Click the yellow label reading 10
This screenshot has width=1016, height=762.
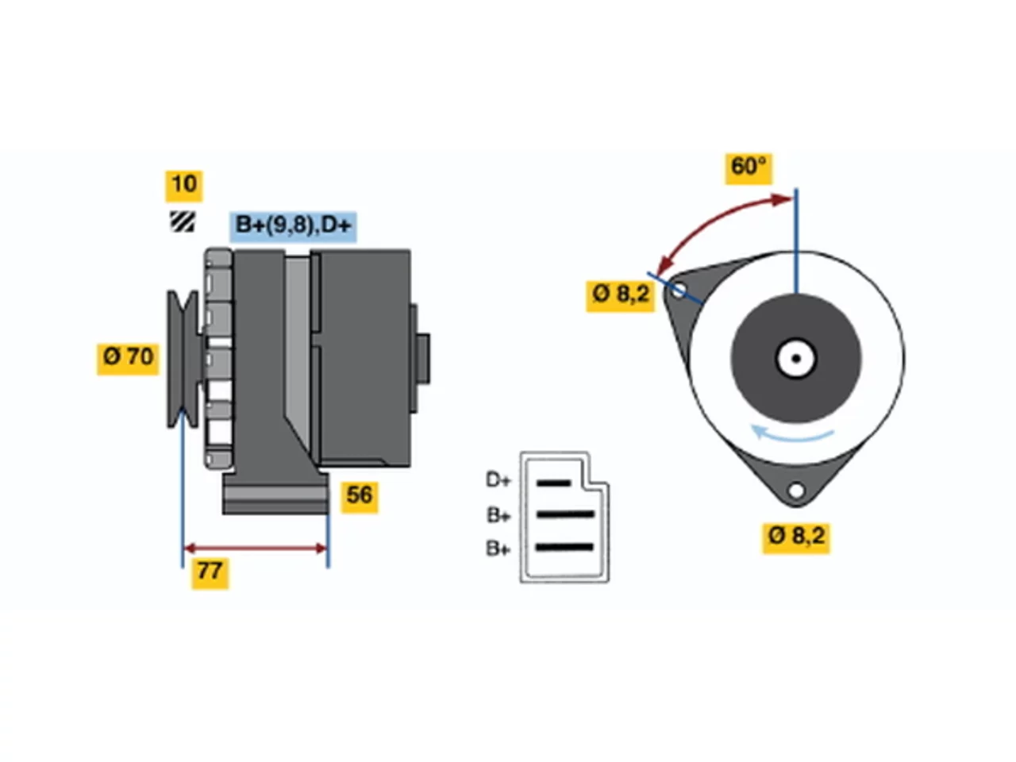pyautogui.click(x=184, y=186)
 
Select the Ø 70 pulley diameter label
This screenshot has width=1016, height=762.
pyautogui.click(x=128, y=359)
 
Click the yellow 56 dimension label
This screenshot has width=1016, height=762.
pyautogui.click(x=360, y=497)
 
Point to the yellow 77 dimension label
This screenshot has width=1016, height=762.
pyautogui.click(x=210, y=573)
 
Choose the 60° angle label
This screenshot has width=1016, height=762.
pyautogui.click(x=748, y=168)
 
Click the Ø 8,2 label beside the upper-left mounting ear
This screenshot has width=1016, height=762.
pyautogui.click(x=620, y=295)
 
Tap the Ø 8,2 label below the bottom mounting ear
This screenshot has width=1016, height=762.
pyautogui.click(x=795, y=537)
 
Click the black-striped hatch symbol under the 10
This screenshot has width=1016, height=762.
pyautogui.click(x=183, y=221)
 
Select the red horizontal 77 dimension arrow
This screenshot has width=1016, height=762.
pyautogui.click(x=255, y=548)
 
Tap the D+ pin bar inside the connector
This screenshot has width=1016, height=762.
pyautogui.click(x=553, y=483)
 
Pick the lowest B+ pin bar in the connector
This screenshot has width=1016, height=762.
pyautogui.click(x=564, y=548)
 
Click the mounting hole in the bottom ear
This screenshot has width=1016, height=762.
pyautogui.click(x=796, y=491)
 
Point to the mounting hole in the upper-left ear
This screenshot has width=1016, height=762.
pyautogui.click(x=678, y=291)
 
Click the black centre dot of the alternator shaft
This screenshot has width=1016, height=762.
pyautogui.click(x=796, y=359)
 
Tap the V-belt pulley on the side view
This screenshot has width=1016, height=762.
pyautogui.click(x=183, y=359)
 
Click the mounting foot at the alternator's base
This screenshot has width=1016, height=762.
pyautogui.click(x=275, y=493)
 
